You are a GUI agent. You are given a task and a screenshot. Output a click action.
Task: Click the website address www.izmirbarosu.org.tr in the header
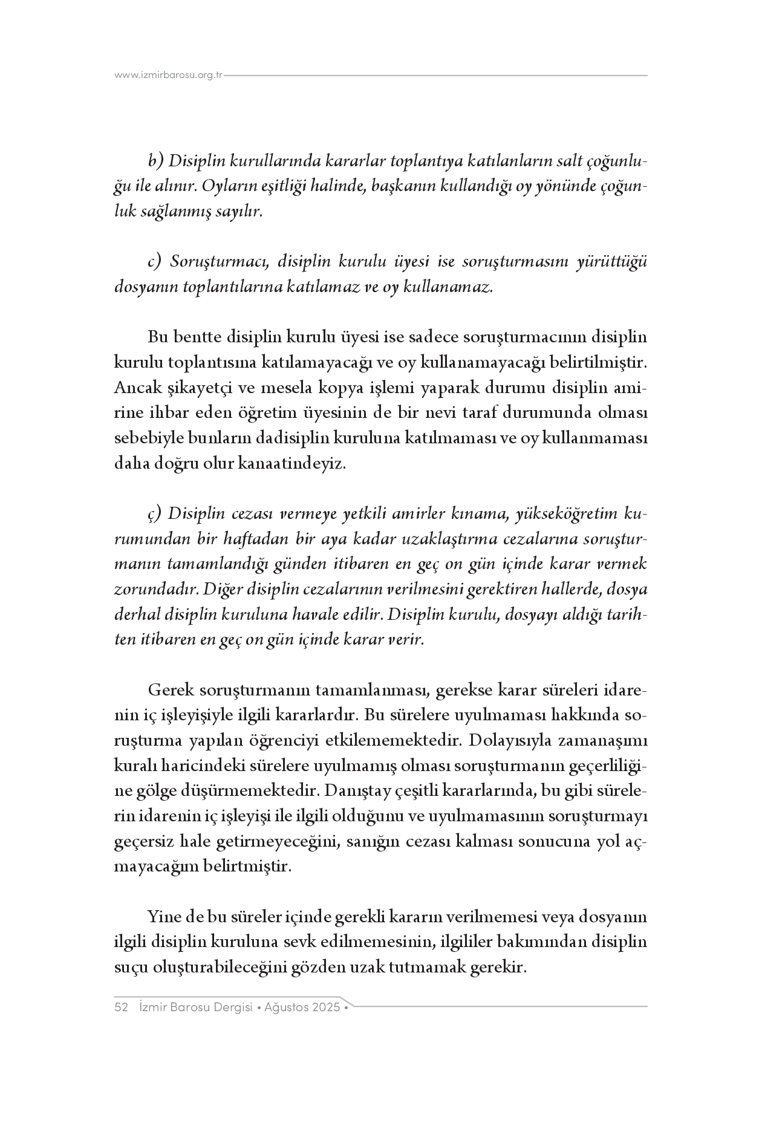click(169, 76)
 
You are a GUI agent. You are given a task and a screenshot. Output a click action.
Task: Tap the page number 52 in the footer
click(121, 1008)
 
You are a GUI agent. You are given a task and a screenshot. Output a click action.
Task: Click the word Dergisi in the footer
click(223, 1008)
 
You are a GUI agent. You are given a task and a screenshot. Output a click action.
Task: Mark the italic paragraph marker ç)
click(156, 513)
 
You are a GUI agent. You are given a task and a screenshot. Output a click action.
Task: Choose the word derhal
click(131, 614)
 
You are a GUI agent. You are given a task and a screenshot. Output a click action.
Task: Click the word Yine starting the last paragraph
click(164, 917)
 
